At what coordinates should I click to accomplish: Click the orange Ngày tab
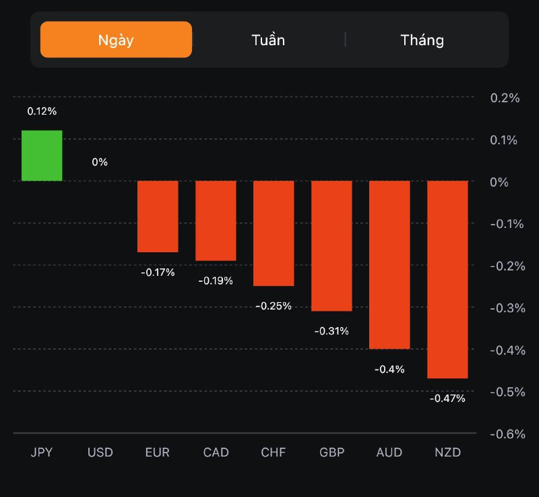[116, 40]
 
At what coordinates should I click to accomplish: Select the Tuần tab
[268, 40]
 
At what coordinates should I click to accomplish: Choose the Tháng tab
[422, 40]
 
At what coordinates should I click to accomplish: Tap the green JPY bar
[42, 155]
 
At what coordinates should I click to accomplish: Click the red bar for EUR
[158, 216]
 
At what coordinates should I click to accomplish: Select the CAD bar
[216, 221]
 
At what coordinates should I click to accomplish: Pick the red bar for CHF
[274, 233]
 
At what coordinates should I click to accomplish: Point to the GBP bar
[331, 245]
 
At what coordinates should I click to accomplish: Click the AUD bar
[389, 264]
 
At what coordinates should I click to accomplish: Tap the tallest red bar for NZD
[447, 279]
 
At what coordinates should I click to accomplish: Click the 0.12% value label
[42, 111]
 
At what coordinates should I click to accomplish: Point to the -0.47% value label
[447, 398]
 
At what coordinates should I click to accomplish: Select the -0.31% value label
[331, 331]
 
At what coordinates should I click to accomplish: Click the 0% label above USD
[100, 162]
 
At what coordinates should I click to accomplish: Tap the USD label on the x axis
[100, 452]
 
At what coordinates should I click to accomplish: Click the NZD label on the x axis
[447, 452]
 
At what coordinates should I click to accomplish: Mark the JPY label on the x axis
[42, 452]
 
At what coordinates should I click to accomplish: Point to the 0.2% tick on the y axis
[505, 98]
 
